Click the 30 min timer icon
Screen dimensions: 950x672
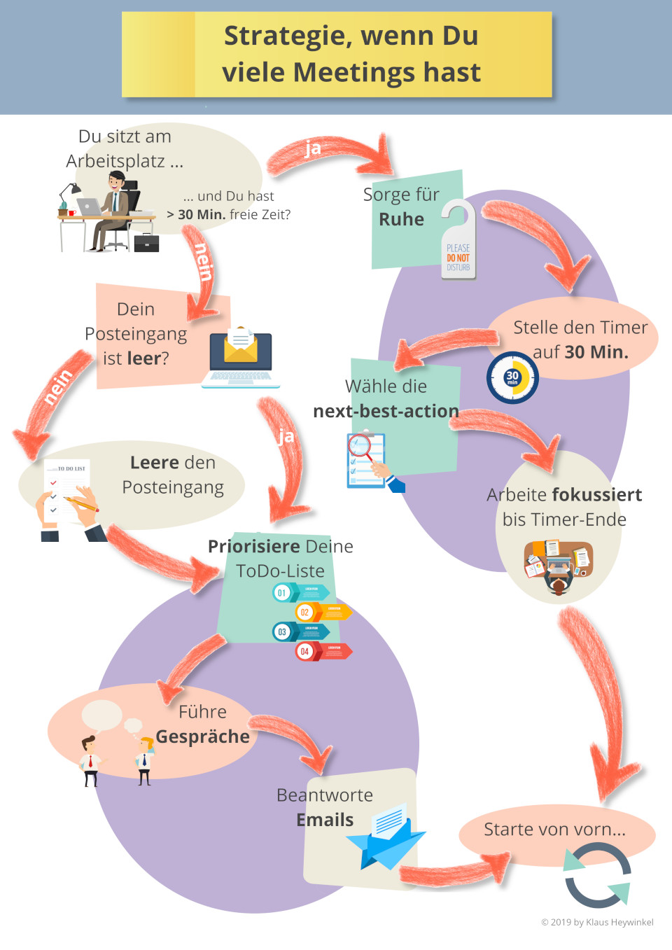point(512,378)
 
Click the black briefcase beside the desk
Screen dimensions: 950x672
point(146,243)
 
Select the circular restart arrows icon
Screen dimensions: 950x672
point(598,875)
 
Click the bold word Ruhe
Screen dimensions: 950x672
point(401,219)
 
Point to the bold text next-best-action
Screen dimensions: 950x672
point(386,411)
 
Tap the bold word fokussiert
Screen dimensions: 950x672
point(597,495)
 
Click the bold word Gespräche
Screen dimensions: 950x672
point(202,736)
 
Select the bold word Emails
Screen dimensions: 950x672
point(325,820)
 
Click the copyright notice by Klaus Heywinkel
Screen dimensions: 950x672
point(597,922)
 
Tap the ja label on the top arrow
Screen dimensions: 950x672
point(313,148)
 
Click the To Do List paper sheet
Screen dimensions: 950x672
point(68,490)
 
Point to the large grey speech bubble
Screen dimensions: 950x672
point(101,714)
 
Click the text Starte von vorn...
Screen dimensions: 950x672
point(554,830)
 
